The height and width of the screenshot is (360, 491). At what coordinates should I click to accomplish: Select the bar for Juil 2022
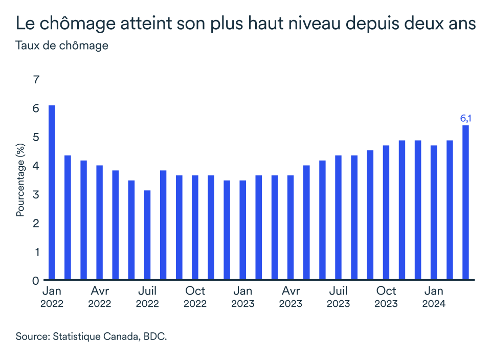click(x=147, y=235)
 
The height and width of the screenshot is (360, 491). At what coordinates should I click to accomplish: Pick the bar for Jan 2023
click(x=243, y=230)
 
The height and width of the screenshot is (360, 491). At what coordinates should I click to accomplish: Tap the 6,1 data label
click(x=465, y=119)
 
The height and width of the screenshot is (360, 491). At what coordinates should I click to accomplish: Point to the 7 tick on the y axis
click(x=36, y=80)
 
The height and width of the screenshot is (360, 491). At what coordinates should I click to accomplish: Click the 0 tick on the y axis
click(x=36, y=280)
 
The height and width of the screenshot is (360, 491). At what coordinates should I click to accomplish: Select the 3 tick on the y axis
click(x=36, y=194)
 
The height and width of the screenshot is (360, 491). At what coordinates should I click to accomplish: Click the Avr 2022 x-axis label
click(x=99, y=297)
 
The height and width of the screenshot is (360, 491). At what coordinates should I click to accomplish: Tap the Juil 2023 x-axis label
click(x=338, y=297)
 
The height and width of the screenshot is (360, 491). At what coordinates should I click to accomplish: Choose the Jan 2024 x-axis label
click(x=434, y=297)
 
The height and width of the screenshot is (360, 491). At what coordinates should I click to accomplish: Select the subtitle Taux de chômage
click(x=62, y=46)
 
